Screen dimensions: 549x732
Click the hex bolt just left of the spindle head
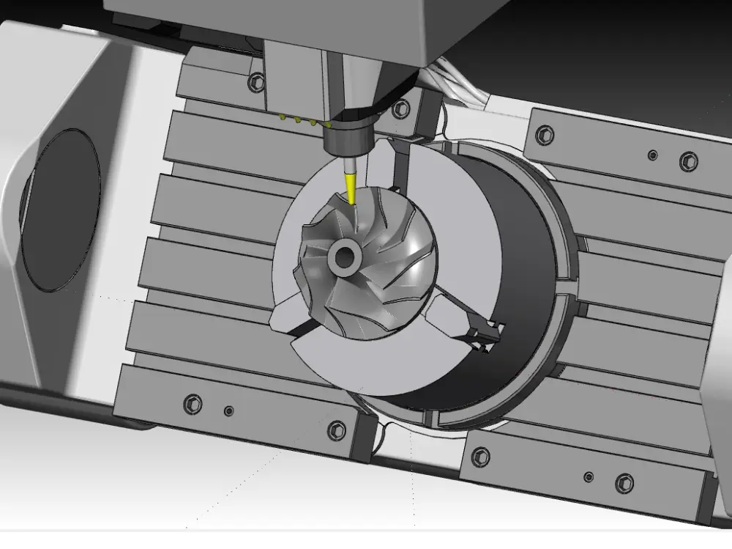[x=255, y=81]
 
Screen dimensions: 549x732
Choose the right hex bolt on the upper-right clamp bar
[x=688, y=161]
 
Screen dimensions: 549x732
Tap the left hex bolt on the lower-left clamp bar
[x=193, y=402]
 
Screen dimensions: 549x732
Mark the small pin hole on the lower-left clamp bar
[x=228, y=412]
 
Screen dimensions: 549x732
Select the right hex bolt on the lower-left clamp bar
[x=336, y=430]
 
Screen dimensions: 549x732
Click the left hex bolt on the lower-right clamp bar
[x=481, y=456]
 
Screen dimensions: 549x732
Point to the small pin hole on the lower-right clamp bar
[x=589, y=477]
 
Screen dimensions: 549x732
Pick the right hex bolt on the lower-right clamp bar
[x=624, y=483]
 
